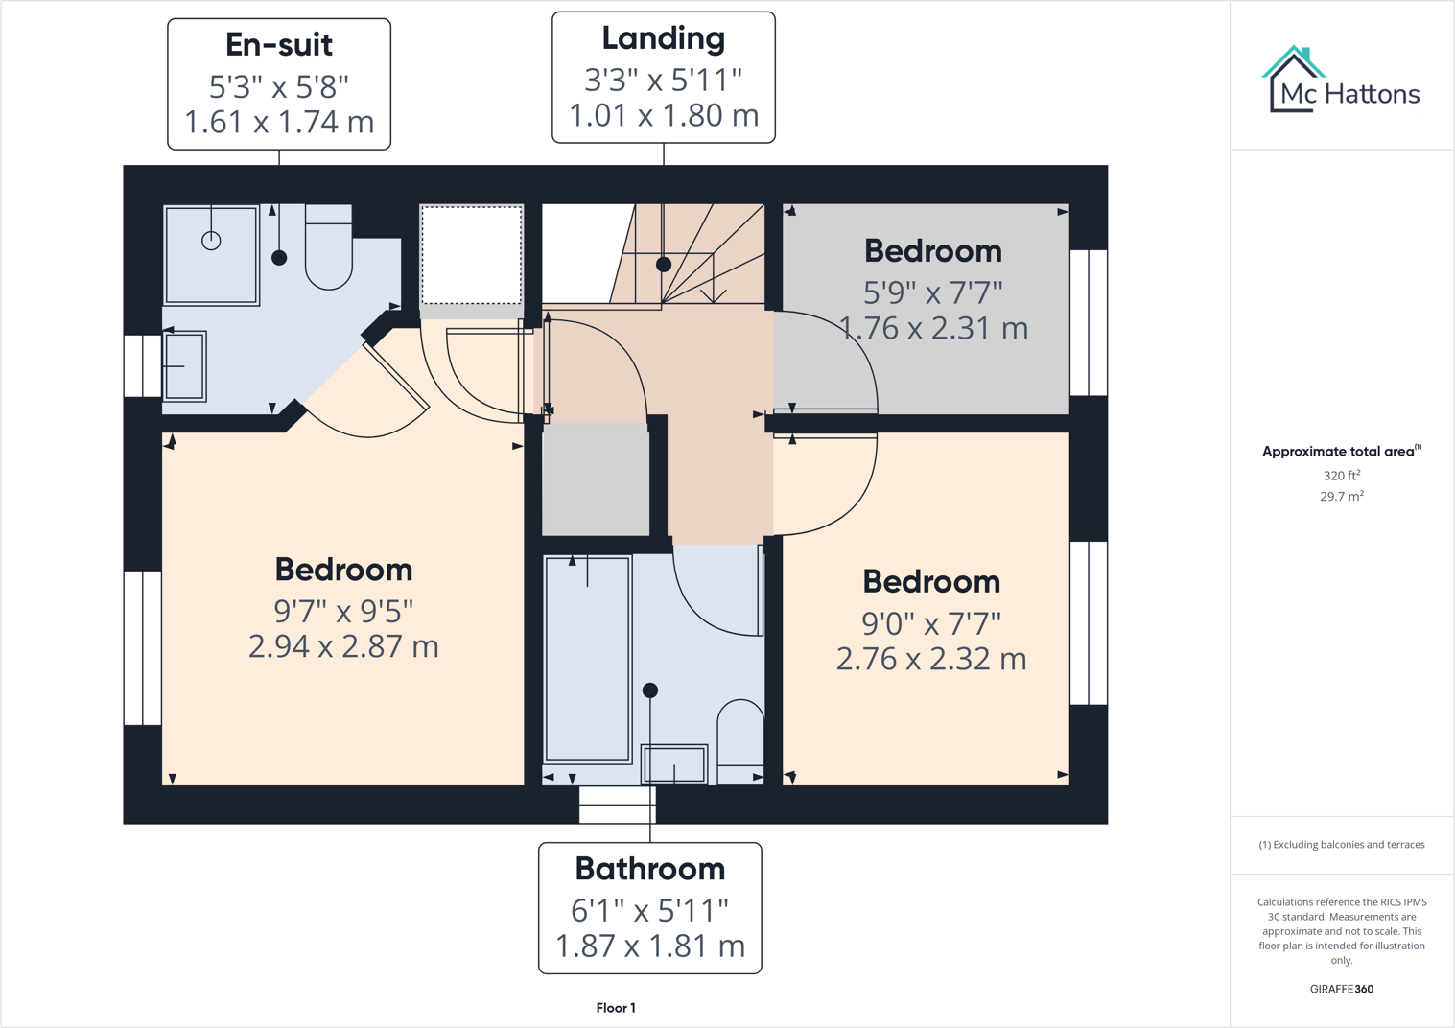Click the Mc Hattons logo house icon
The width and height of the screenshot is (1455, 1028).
[1294, 79]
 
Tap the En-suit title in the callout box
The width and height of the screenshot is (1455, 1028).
[279, 44]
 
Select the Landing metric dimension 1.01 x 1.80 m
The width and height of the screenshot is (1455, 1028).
[664, 116]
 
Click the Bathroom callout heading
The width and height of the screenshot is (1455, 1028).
[649, 869]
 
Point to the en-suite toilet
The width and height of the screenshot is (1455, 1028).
[328, 250]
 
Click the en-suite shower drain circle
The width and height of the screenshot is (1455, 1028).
[211, 241]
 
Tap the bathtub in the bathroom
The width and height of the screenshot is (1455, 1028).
[587, 660]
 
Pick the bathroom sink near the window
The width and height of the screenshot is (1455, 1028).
[674, 765]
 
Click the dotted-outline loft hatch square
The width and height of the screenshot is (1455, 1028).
[471, 255]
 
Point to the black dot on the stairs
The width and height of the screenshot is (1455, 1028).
[664, 264]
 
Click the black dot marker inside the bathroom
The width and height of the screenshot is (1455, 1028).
[650, 690]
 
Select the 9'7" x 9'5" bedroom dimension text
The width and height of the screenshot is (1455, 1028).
[343, 610]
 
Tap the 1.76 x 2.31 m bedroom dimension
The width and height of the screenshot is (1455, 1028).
[933, 329]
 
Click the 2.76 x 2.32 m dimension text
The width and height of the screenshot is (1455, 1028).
[931, 660]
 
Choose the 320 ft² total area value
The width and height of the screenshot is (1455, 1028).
[1341, 476]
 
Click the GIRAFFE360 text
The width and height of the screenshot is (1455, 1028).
[1341, 989]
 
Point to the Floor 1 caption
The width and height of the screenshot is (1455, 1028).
[616, 1008]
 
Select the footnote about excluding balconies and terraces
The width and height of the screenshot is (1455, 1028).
[1341, 845]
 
